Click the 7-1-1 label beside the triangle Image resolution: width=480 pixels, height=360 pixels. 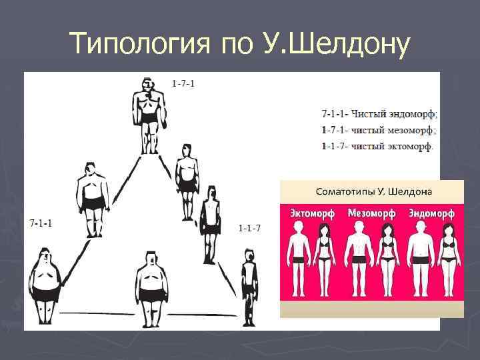point(42,221)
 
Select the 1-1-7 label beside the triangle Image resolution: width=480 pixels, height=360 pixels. point(249,229)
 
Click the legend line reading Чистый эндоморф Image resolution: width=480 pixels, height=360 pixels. point(379,114)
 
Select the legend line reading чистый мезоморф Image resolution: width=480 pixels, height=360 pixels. point(379,130)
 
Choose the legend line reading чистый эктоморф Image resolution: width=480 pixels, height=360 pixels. point(377,146)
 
